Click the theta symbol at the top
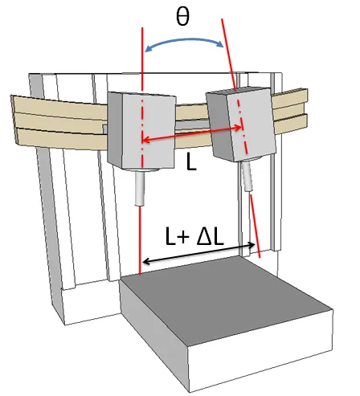point(183,17)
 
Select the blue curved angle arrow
point(184,40)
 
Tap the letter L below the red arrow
point(191,162)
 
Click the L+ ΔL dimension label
point(194,236)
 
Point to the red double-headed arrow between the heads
point(192,133)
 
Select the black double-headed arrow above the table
point(198,253)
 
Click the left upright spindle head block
point(141,130)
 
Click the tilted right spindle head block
point(240,125)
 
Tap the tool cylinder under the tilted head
point(247,177)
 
